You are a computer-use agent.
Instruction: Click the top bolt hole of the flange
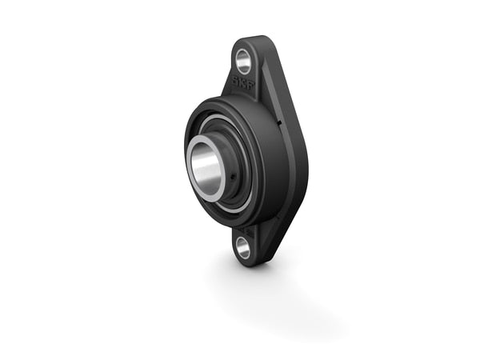coord(243,58)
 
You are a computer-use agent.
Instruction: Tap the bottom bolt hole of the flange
coord(243,247)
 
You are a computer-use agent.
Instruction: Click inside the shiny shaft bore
coord(205,164)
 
